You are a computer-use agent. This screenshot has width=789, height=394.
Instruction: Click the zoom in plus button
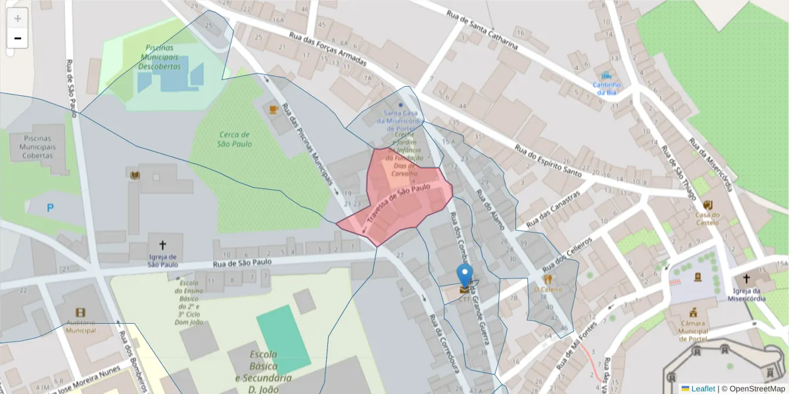pyautogui.click(x=18, y=18)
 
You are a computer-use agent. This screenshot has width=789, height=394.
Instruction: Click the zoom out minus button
pyautogui.click(x=18, y=38)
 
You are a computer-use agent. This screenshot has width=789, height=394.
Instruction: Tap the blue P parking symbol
pyautogui.click(x=50, y=208)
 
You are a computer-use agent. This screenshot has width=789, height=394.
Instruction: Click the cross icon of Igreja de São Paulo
pyautogui.click(x=162, y=243)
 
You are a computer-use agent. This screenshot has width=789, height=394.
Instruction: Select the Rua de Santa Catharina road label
pyautogui.click(x=481, y=31)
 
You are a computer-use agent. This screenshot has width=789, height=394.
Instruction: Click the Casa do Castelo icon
pyautogui.click(x=707, y=204)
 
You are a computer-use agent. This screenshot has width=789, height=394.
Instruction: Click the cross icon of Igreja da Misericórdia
pyautogui.click(x=746, y=278)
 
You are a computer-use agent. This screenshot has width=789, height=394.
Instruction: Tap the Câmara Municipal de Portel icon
pyautogui.click(x=693, y=313)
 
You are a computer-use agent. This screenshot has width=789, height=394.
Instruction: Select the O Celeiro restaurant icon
pyautogui.click(x=548, y=278)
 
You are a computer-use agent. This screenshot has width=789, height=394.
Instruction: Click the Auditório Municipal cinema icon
pyautogui.click(x=80, y=313)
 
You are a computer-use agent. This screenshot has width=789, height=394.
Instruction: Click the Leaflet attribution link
pyautogui.click(x=703, y=389)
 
